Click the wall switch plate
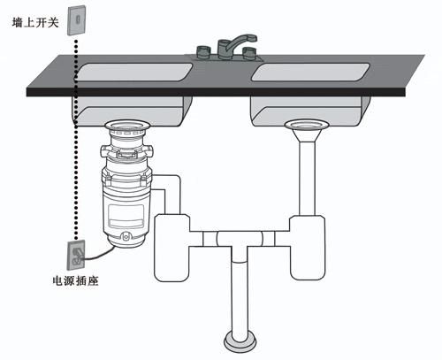(x=77, y=20)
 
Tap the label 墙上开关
(x=35, y=23)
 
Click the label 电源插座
(x=75, y=280)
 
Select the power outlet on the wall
(x=76, y=255)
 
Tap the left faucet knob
(x=203, y=52)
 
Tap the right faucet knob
(x=250, y=54)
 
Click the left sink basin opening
(x=134, y=72)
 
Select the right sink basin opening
(x=310, y=72)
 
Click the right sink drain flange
(x=307, y=125)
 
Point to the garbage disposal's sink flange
(x=127, y=126)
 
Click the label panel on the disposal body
(x=126, y=216)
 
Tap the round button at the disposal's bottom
(x=126, y=236)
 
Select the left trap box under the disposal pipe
(x=171, y=248)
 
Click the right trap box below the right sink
(x=308, y=248)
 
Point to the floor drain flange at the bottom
(x=240, y=342)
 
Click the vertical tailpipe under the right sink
(x=307, y=179)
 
